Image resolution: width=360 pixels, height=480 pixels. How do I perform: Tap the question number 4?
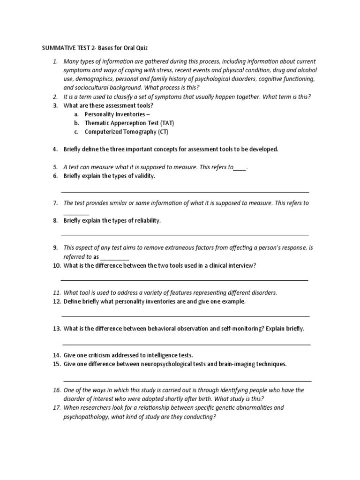tap(55, 150)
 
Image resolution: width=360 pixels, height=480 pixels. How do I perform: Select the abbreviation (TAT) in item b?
tap(166, 123)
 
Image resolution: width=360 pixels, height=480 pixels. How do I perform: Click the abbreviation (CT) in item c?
tap(162, 132)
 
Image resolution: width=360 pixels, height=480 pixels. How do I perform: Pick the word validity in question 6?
tap(144, 176)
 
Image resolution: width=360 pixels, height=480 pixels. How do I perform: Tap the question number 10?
tap(56, 265)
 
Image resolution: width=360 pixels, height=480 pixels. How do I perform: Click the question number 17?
tap(56, 408)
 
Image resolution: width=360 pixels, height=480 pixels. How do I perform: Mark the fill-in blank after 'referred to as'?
tap(114, 257)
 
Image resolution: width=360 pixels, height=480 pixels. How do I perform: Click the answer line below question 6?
tap(185, 192)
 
